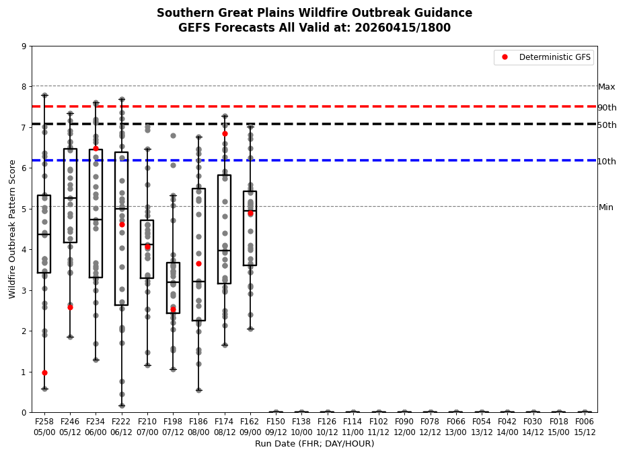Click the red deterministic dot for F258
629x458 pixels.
[x=44, y=372]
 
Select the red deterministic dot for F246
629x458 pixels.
[x=70, y=307]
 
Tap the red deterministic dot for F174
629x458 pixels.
[x=225, y=133]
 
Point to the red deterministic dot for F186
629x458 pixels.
[x=198, y=263]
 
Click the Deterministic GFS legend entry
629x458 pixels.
[x=554, y=57]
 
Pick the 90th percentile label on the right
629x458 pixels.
[x=607, y=108]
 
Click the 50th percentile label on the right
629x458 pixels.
[x=607, y=125]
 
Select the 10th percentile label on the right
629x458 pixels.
[x=607, y=162]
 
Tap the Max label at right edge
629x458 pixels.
[x=607, y=87]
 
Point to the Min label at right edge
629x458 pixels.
[x=606, y=207]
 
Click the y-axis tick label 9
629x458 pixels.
[x=24, y=46]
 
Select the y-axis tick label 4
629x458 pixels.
[x=24, y=250]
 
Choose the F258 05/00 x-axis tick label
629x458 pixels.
[x=44, y=426]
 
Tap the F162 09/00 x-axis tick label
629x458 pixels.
[x=250, y=426]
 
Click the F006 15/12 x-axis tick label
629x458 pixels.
[x=585, y=426]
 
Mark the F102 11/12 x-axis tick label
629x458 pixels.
[x=379, y=426]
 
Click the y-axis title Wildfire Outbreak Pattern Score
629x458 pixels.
[x=13, y=229]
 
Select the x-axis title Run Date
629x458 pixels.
[x=314, y=444]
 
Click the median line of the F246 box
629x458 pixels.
[x=70, y=198]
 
